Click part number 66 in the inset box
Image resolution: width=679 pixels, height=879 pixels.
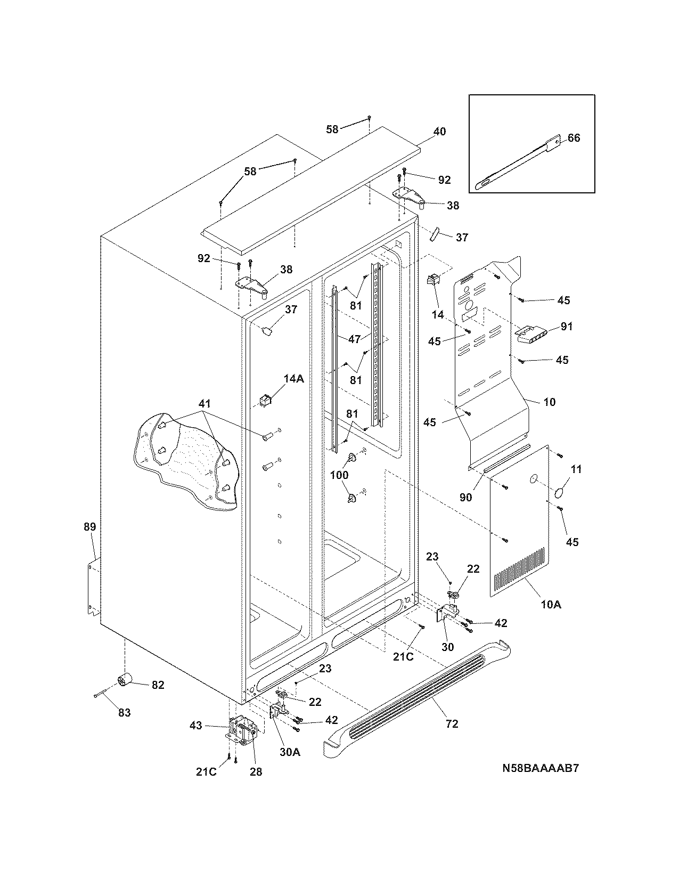(574, 138)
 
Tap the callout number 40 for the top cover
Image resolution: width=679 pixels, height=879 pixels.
(439, 132)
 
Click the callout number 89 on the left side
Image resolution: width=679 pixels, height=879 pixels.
(89, 527)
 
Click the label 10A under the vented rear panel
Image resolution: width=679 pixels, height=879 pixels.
(551, 605)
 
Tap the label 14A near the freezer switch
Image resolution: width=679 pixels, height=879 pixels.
(293, 379)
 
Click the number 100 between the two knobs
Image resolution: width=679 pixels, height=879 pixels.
(339, 475)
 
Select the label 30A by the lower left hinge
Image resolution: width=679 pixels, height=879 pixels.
(290, 752)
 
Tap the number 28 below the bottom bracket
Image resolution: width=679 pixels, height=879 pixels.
(256, 771)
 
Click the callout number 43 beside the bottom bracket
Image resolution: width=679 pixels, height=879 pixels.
(196, 726)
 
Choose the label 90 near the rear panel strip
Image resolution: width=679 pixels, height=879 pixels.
(465, 497)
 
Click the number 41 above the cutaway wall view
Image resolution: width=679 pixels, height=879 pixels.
(205, 404)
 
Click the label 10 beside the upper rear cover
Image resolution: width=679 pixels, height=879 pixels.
(549, 402)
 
